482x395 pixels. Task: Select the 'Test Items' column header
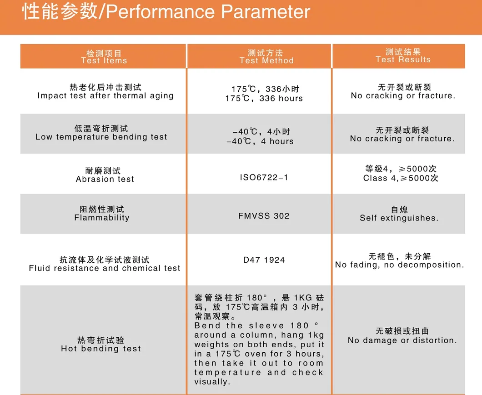click(104, 60)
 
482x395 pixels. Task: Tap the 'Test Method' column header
click(266, 60)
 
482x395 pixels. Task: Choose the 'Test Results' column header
click(403, 60)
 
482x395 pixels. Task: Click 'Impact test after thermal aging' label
click(105, 96)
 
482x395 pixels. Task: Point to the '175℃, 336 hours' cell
click(264, 98)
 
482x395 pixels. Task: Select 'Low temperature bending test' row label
click(101, 137)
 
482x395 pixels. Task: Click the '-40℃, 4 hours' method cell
click(260, 141)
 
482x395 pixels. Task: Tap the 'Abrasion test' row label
click(105, 179)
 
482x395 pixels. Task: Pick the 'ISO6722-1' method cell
click(264, 177)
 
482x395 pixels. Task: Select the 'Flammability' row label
click(102, 218)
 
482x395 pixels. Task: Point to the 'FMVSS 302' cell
click(264, 216)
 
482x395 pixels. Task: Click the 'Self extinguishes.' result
click(399, 218)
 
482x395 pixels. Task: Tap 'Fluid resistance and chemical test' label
click(105, 268)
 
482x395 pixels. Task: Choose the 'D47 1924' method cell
click(264, 260)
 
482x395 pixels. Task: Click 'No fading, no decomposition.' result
click(400, 265)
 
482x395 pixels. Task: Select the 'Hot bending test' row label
click(101, 349)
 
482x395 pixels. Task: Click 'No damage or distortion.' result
click(402, 340)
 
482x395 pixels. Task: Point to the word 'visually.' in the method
click(212, 382)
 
